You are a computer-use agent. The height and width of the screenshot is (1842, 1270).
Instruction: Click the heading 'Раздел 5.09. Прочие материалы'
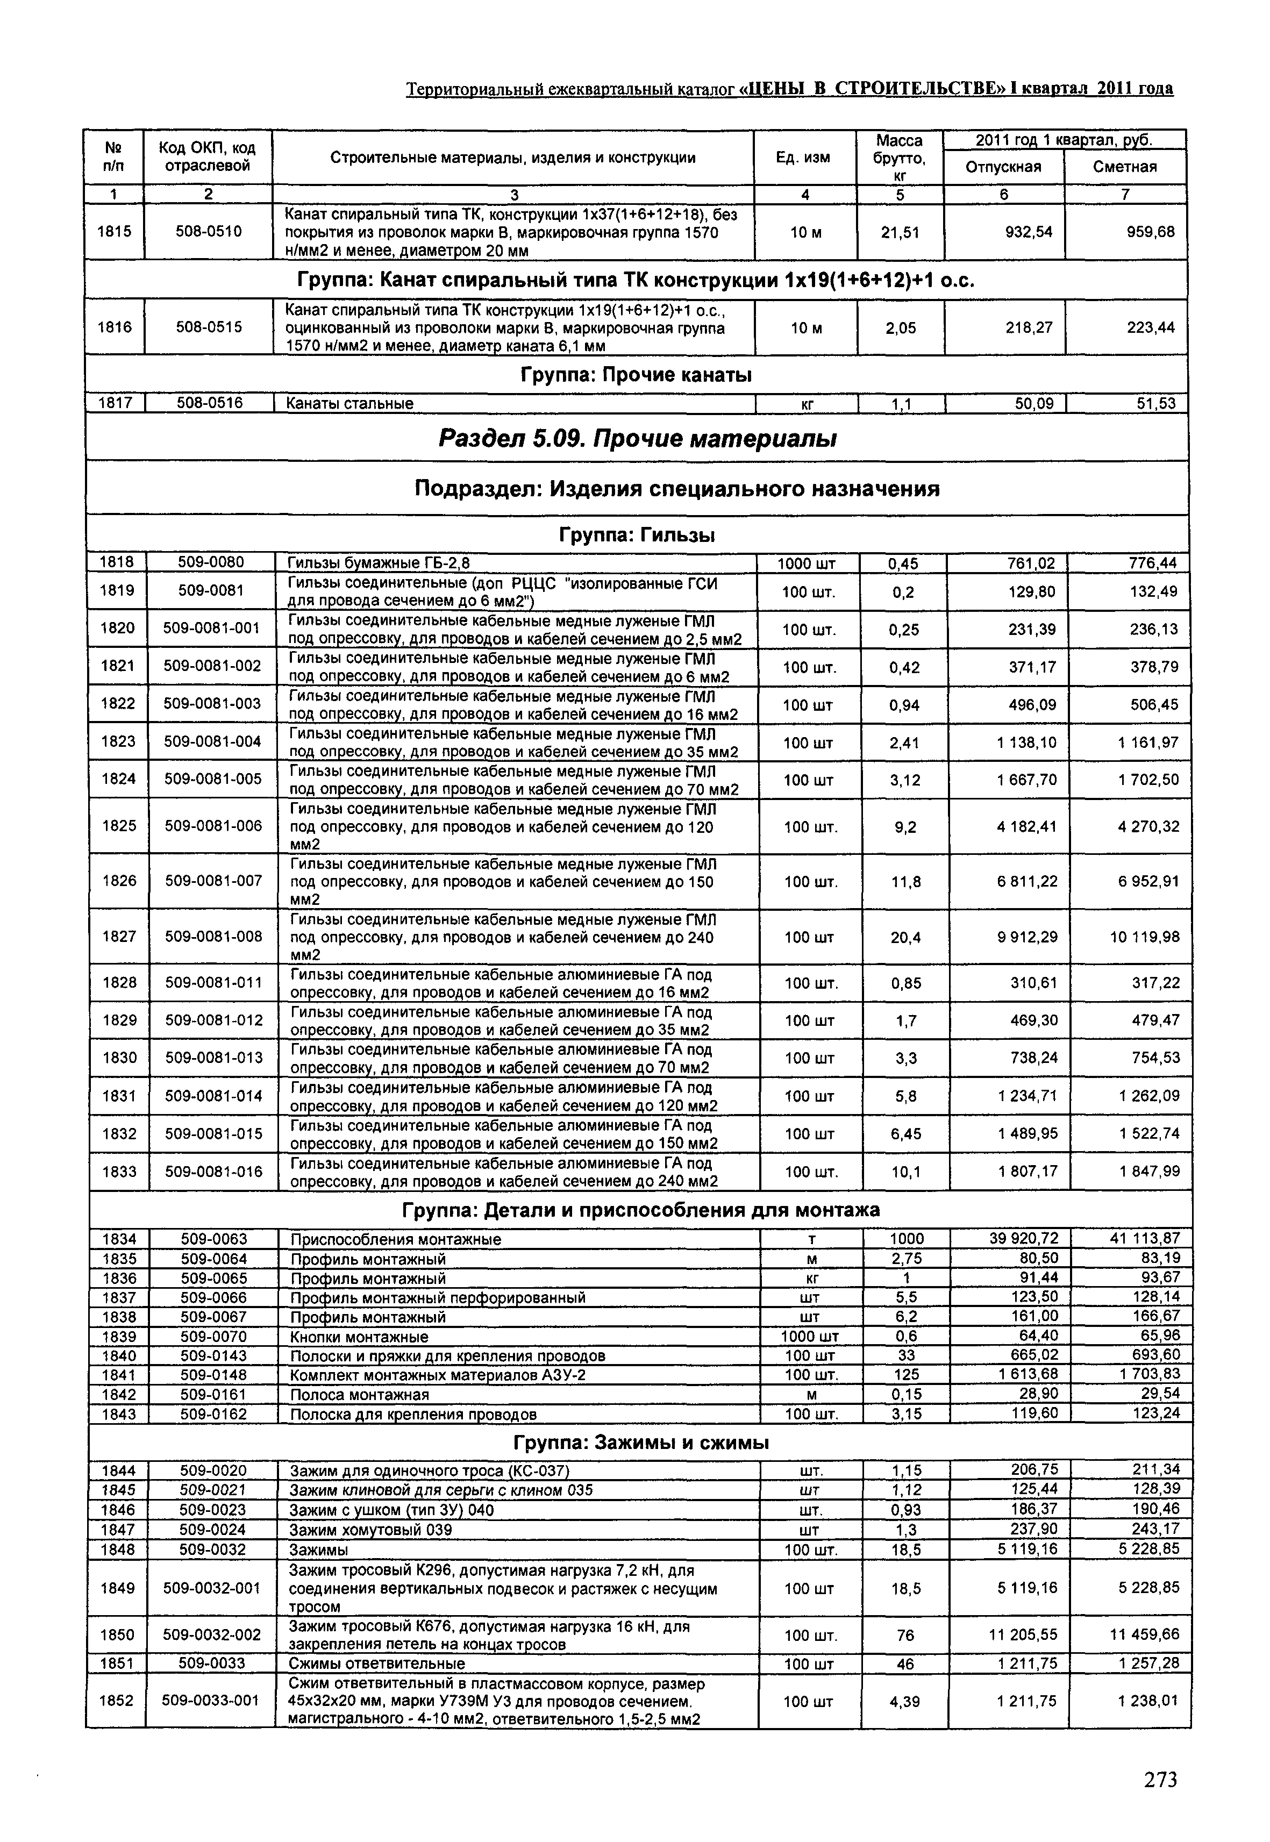[637, 438]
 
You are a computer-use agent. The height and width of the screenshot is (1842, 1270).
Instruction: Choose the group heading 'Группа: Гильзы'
[637, 536]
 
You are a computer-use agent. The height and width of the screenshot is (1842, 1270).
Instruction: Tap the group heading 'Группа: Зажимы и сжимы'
[640, 1443]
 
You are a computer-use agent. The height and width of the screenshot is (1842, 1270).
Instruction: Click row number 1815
[114, 232]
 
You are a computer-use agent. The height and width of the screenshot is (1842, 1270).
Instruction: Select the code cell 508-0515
[209, 327]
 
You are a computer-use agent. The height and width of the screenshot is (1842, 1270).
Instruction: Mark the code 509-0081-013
[213, 1058]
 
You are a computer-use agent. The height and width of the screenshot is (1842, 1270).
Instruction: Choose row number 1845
[119, 1489]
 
